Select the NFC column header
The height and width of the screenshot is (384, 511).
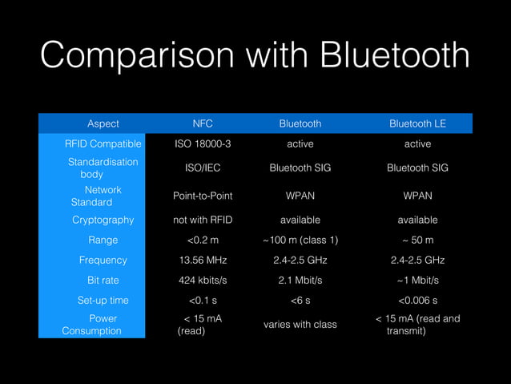pos(203,123)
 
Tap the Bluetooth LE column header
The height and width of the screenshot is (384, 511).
pos(417,123)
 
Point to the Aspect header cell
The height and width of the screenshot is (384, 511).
pos(103,123)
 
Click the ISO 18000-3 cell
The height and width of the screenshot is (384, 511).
pos(203,144)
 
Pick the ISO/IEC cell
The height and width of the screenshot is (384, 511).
pos(203,168)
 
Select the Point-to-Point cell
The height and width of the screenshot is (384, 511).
pos(203,196)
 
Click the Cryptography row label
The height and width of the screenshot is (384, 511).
pos(103,220)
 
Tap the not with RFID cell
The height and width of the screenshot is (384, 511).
pos(203,220)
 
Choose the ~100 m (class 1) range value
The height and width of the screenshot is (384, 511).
pos(300,240)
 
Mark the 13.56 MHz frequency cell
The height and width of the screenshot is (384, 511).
pos(203,260)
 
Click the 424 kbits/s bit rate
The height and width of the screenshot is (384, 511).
pos(203,280)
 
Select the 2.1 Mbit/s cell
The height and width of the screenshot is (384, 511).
pos(300,280)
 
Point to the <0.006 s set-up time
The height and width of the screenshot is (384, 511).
pos(417,301)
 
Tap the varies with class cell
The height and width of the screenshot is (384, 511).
pos(300,324)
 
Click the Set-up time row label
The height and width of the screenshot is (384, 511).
pos(103,301)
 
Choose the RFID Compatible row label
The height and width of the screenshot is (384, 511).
pos(103,144)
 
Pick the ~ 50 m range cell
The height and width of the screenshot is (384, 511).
pos(417,240)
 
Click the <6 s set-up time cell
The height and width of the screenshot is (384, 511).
pos(300,301)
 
